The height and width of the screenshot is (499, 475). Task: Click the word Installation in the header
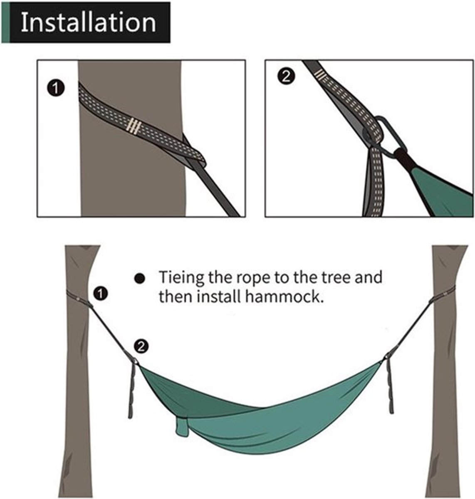[88, 22]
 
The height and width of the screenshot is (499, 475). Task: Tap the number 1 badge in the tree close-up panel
[56, 88]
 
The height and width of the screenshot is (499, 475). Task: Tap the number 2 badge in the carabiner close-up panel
[286, 77]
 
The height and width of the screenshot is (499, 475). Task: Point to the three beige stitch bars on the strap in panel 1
[133, 126]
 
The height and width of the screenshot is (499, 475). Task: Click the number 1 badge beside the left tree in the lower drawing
[100, 294]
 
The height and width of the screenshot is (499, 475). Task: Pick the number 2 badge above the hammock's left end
[141, 346]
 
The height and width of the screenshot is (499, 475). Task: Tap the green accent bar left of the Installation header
[5, 22]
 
